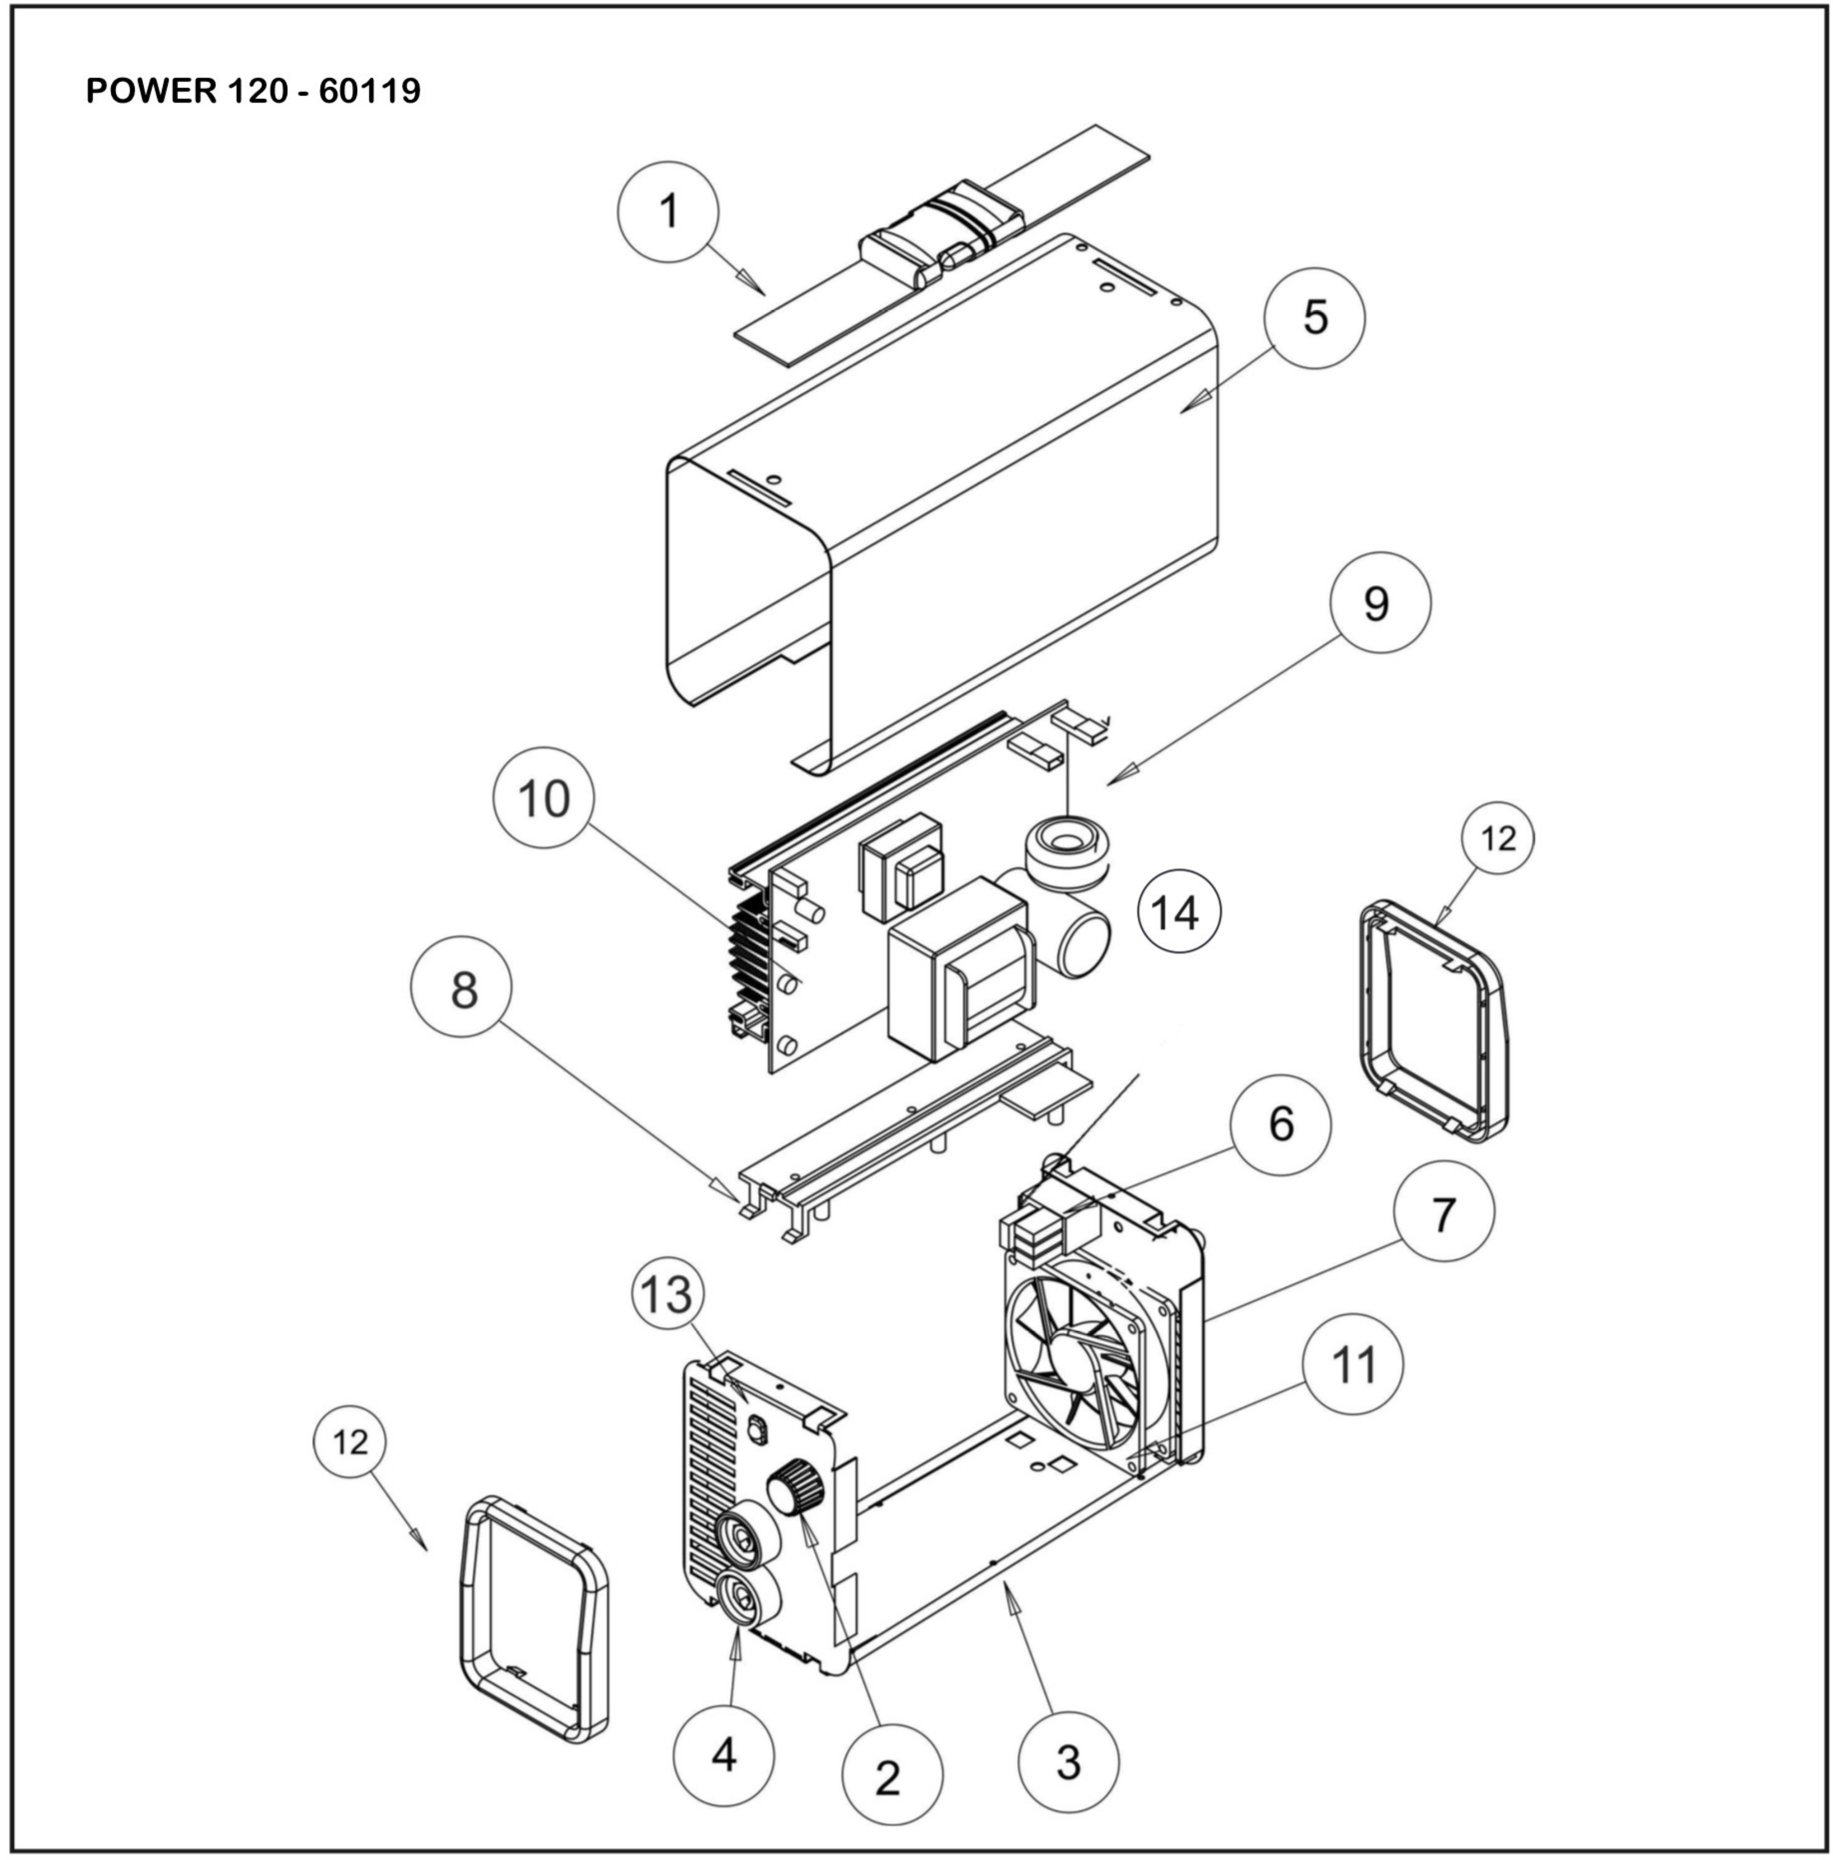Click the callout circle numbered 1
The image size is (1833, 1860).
(x=668, y=212)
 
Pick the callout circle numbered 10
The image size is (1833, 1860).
(x=543, y=798)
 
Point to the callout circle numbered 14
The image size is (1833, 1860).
(x=1179, y=911)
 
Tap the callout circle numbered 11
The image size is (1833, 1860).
(x=1352, y=1364)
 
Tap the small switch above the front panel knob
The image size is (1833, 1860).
(x=758, y=1431)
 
